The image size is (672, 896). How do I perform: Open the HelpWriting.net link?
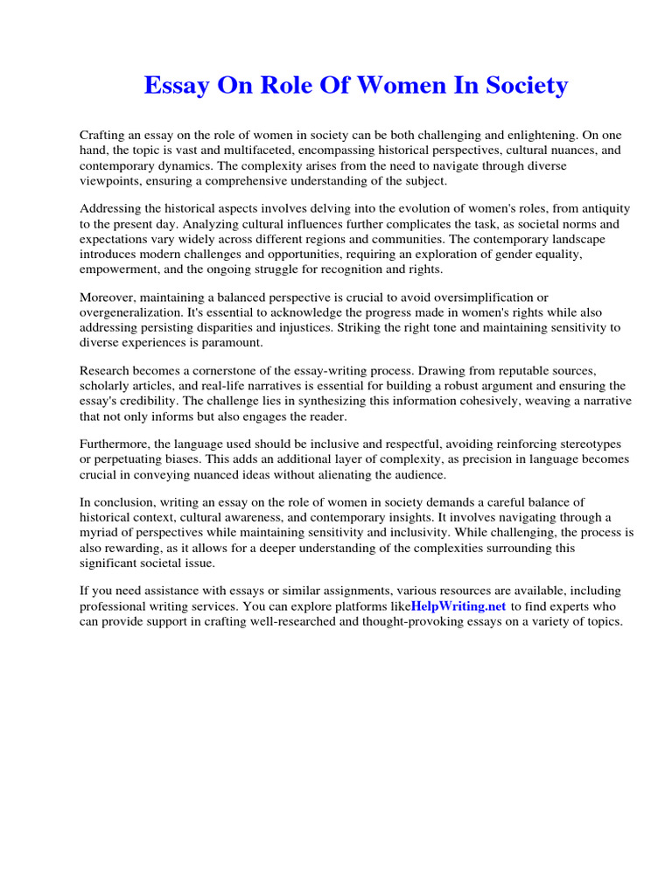[458, 605]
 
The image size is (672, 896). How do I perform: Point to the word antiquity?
[602, 209]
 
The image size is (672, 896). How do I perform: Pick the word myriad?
[102, 532]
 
